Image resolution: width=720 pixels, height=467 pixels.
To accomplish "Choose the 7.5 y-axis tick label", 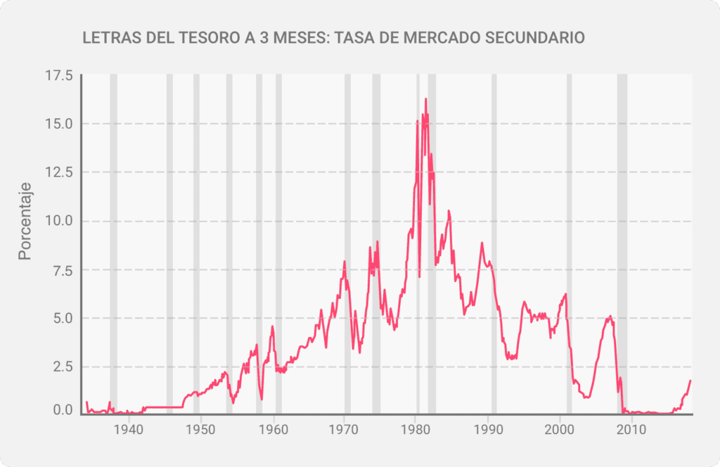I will (x=61, y=269).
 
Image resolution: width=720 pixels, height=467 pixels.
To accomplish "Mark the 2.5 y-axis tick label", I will (x=61, y=366).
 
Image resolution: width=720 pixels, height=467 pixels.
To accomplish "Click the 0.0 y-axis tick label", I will (x=61, y=410).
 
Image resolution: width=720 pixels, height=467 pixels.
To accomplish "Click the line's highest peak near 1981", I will (x=425, y=99).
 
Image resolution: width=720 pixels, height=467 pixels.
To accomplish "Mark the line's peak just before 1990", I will (x=482, y=243).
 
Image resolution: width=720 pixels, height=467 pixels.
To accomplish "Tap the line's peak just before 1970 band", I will (x=345, y=262).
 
